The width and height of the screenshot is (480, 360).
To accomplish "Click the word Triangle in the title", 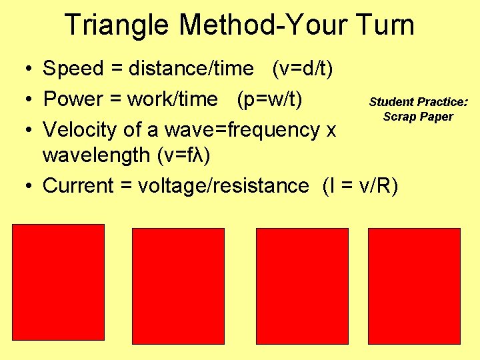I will pos(118,26).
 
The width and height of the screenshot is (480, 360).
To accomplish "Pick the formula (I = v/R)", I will pos(359,185).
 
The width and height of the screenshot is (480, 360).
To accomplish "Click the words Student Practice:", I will pos(419,102).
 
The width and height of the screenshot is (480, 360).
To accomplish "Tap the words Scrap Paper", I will pos(418,117).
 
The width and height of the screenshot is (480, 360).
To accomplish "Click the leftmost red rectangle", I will pos(59,283).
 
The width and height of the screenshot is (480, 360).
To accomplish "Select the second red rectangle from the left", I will pos(178,286).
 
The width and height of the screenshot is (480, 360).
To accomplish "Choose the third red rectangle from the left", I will pos(302,286).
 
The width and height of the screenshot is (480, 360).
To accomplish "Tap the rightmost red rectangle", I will pos(415,286).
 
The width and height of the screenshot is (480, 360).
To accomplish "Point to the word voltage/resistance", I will pos(223,185).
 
